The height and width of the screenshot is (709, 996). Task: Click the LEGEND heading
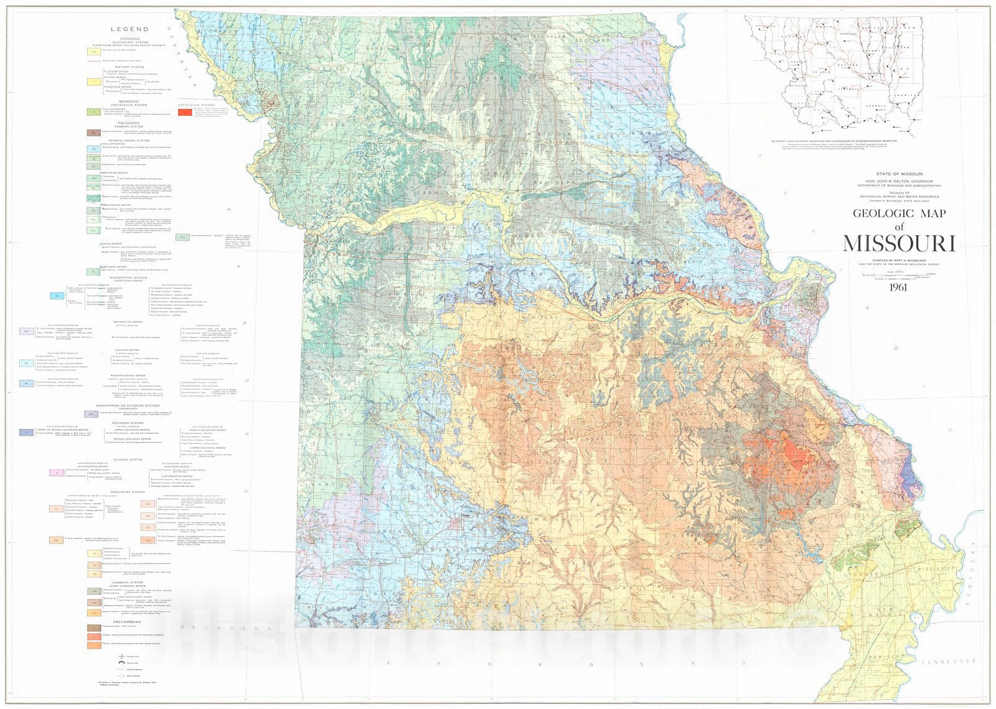[x=129, y=29]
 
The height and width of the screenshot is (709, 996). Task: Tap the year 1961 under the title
[x=898, y=287]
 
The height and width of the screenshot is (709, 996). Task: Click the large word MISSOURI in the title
[x=898, y=243]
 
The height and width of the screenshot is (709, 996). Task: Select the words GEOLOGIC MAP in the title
[x=898, y=214]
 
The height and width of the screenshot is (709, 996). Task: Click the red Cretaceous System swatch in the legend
[x=185, y=113]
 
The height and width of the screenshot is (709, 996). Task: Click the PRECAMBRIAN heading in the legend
[x=128, y=622]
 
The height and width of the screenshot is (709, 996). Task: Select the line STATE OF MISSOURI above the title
[x=899, y=174]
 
